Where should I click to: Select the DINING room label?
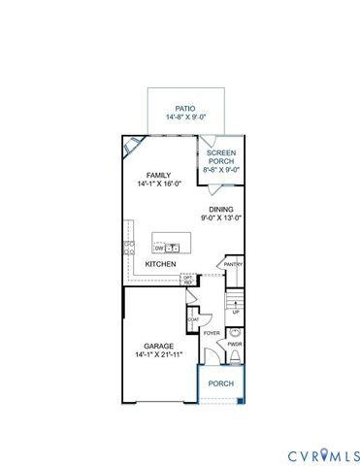coord(222,209)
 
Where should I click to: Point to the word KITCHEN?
coord(159,263)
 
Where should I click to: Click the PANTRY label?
coord(233,264)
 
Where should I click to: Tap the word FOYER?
coord(211,332)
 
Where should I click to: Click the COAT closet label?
coord(193,318)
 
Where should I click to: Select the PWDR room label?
coord(234,343)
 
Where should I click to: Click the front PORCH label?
coord(221,383)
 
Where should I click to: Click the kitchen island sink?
coord(173,248)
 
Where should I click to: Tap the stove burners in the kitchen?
coord(127,248)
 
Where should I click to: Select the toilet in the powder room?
coord(234,358)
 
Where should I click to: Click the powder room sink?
coord(234,331)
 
